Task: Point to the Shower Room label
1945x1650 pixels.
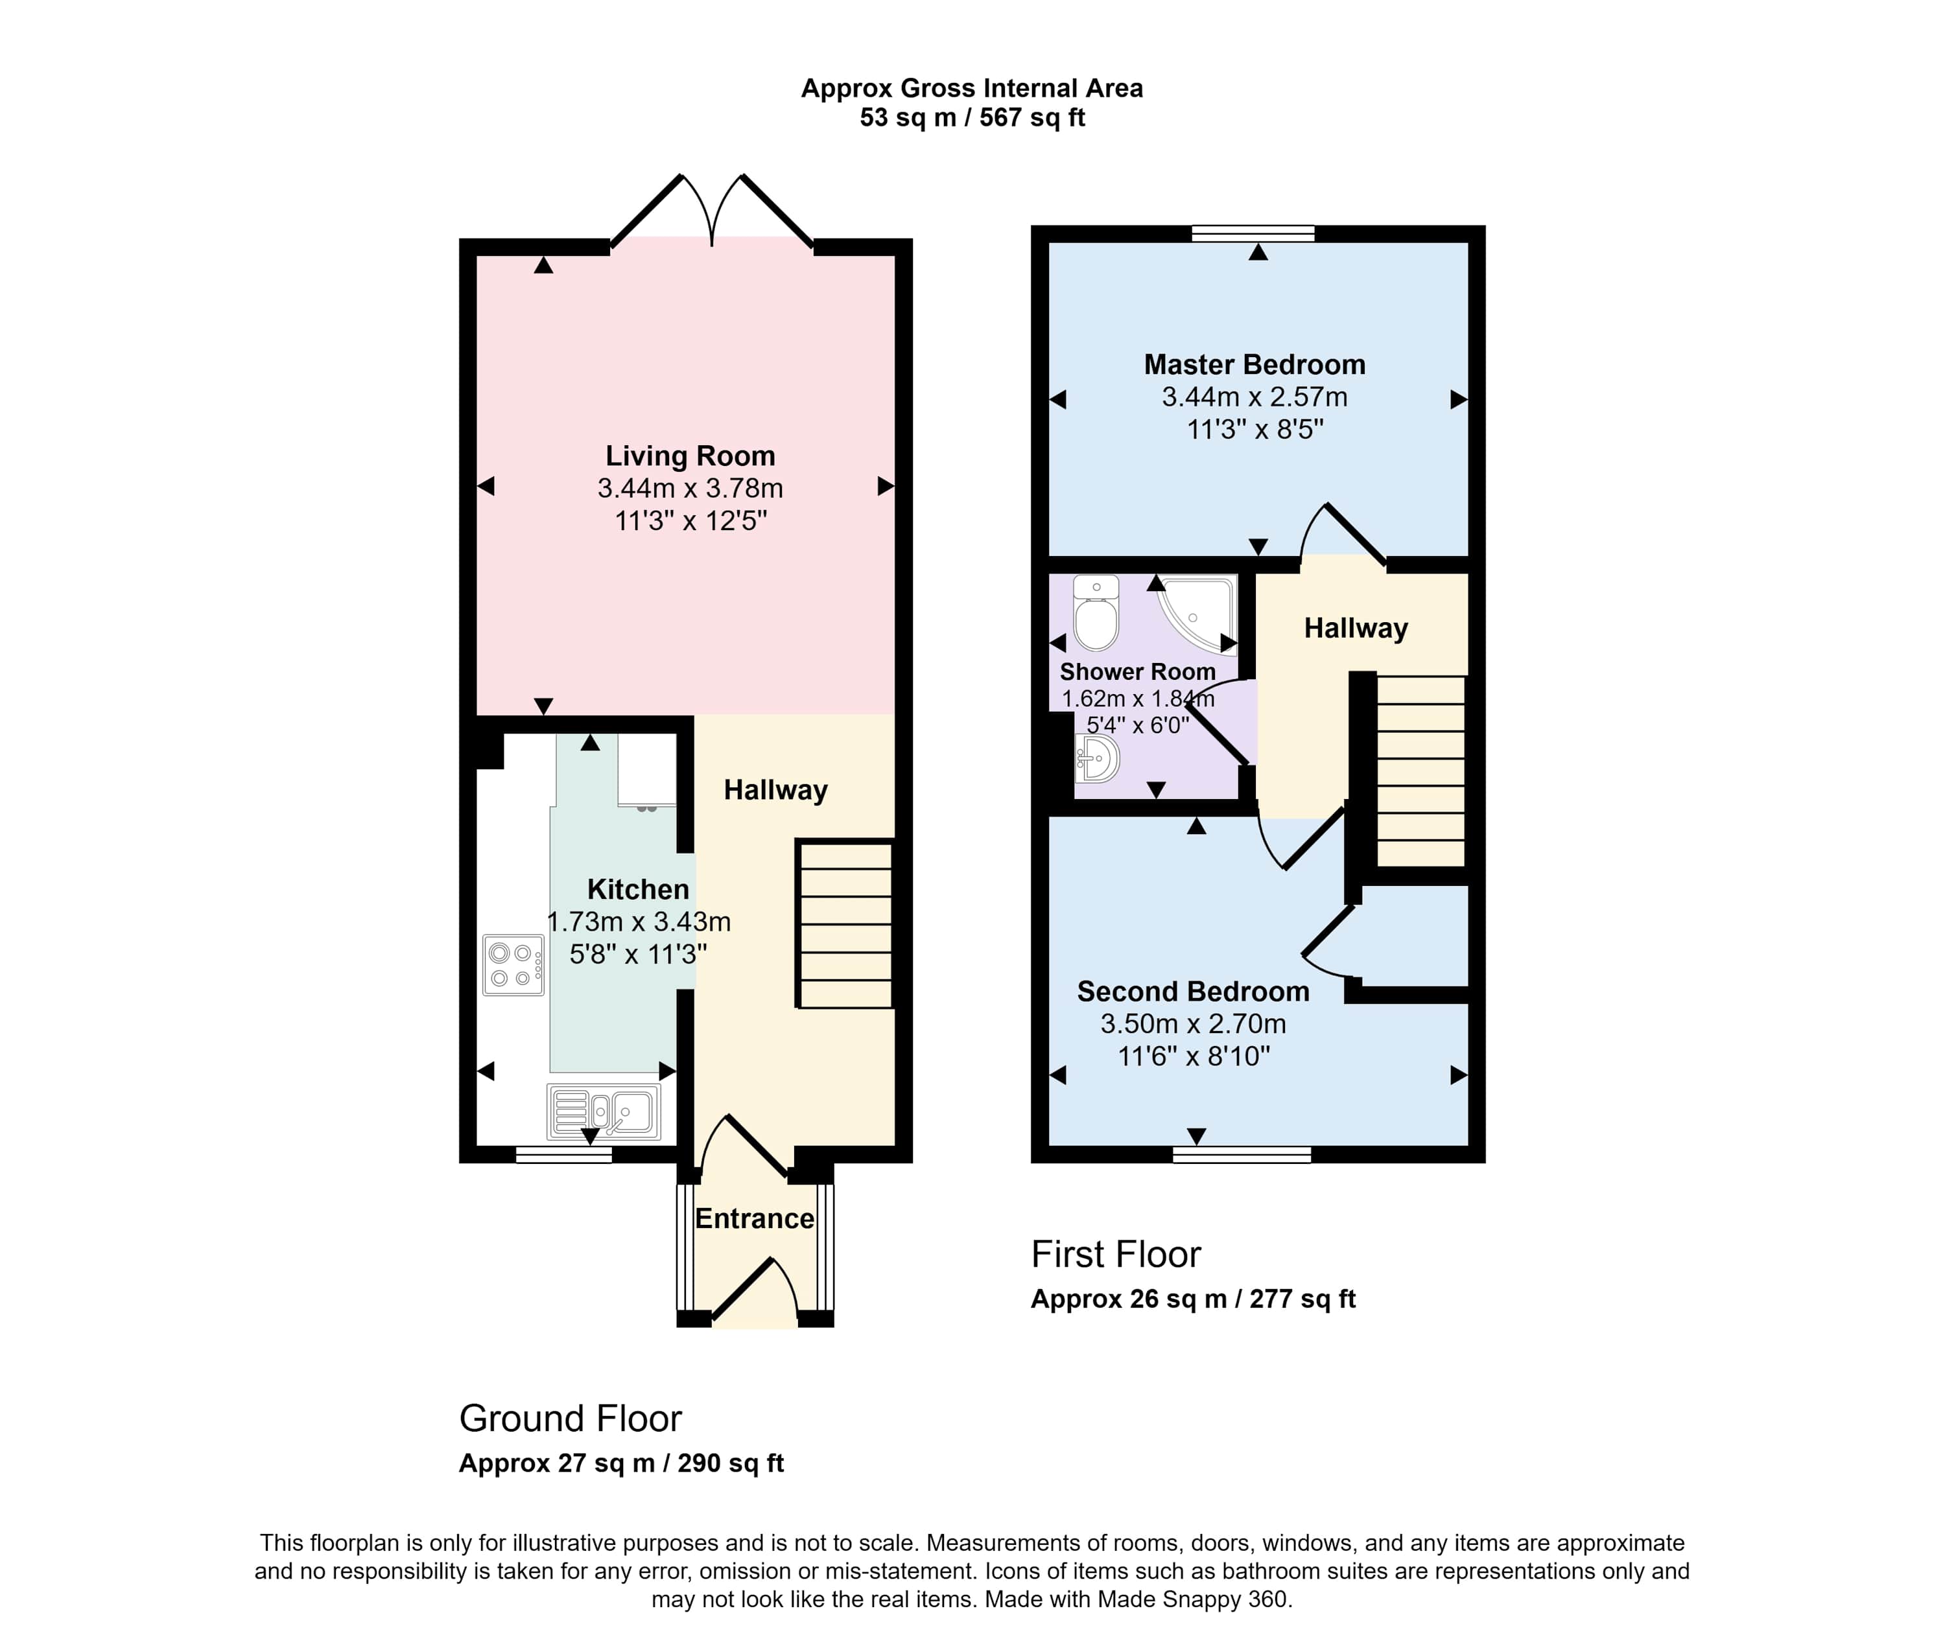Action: point(1138,671)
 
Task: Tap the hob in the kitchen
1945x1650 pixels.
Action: point(513,964)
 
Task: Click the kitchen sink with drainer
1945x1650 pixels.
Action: point(604,1111)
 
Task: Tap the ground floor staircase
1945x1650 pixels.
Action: point(845,924)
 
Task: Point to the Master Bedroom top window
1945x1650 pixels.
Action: point(1254,234)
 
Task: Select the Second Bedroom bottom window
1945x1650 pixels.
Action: point(1242,1154)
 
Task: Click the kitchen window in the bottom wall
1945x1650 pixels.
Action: point(564,1154)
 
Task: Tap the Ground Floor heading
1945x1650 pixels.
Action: point(571,1419)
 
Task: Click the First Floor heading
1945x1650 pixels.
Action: point(1116,1254)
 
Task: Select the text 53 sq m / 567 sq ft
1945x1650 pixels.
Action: point(972,118)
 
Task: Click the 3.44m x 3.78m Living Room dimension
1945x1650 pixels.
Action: point(690,488)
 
